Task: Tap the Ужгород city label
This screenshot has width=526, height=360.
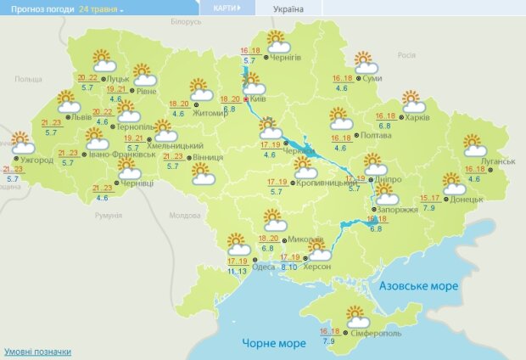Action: [36, 160]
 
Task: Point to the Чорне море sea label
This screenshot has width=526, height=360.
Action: [272, 343]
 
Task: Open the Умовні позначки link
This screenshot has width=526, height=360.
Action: [37, 352]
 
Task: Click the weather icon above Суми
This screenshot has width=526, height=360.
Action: [366, 63]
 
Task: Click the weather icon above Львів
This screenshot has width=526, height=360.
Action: [69, 103]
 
